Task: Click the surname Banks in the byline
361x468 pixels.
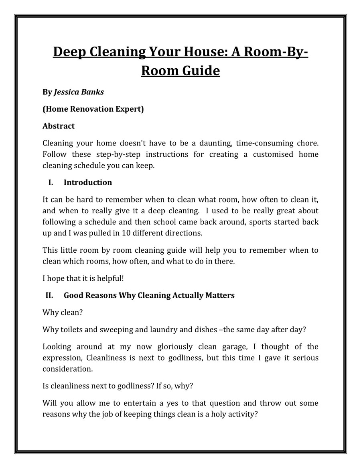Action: click(93, 92)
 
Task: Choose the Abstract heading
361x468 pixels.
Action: click(59, 126)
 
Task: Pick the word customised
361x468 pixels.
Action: click(272, 154)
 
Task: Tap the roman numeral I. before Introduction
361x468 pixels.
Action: click(51, 182)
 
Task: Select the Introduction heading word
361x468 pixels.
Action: click(88, 182)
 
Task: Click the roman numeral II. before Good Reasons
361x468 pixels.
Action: click(49, 295)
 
